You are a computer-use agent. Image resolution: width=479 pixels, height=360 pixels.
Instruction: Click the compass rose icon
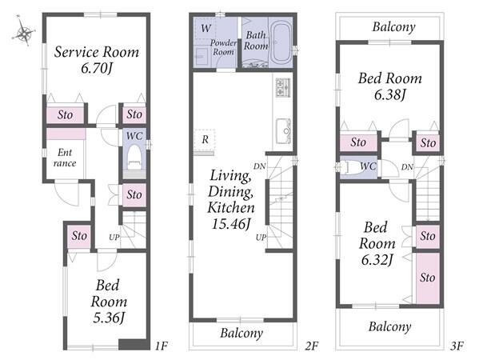[23, 31]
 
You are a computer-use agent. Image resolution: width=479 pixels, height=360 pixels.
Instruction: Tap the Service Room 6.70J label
[97, 60]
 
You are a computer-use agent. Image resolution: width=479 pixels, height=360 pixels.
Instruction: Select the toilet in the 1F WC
[134, 158]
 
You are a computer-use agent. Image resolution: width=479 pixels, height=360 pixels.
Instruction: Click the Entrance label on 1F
[65, 158]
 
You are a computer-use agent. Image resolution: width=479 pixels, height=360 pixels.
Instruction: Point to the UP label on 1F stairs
[114, 237]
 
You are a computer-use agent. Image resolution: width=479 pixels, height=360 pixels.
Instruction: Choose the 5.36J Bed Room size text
[109, 318]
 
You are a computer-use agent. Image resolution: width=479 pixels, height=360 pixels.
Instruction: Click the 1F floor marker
[161, 346]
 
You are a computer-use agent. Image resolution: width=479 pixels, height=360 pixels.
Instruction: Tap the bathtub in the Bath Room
[281, 42]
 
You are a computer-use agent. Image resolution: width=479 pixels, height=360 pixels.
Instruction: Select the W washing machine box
[206, 29]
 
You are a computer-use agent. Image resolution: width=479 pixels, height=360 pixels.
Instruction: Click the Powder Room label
[223, 47]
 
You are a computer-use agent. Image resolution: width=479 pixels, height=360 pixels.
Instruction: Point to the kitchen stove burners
[283, 88]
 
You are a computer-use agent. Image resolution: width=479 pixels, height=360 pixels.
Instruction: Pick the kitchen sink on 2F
[284, 130]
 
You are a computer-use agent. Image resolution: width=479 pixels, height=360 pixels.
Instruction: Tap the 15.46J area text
[231, 224]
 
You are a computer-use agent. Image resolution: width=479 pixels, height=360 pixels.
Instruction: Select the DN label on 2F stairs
[260, 166]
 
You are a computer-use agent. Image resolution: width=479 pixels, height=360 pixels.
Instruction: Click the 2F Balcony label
[241, 333]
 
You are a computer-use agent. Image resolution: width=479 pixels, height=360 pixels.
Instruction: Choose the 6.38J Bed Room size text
[389, 95]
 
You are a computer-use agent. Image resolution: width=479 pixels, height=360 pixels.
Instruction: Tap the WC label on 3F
[368, 166]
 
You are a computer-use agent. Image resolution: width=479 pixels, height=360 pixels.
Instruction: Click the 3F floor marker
[457, 346]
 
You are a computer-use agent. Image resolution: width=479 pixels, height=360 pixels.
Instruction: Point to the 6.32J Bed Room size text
[377, 260]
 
